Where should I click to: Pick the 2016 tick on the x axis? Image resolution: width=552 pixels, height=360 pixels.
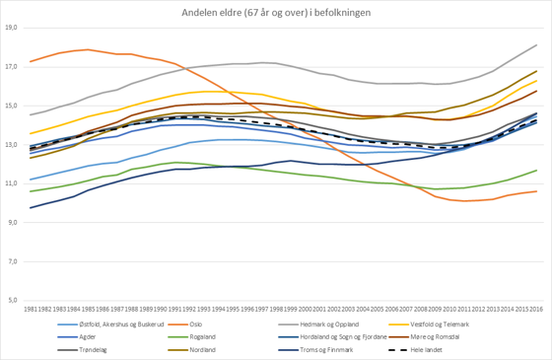point(536,311)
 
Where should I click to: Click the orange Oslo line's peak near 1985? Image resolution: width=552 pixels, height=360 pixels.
point(88,49)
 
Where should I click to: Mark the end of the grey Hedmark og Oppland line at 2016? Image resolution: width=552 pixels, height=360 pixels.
point(536,45)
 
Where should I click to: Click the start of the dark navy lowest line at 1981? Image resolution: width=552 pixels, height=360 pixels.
point(31,207)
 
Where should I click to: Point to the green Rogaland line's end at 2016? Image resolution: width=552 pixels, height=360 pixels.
point(536,171)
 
